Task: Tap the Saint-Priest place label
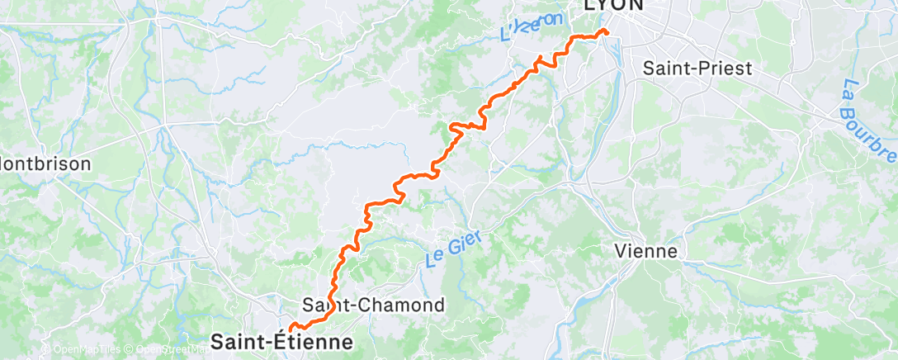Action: pyautogui.click(x=697, y=69)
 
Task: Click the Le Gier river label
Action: pyautogui.click(x=453, y=248)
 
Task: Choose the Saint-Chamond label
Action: pyautogui.click(x=374, y=305)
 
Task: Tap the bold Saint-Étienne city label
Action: pyautogui.click(x=282, y=341)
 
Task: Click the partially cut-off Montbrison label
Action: pyautogui.click(x=45, y=163)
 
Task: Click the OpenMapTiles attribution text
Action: pyautogui.click(x=83, y=349)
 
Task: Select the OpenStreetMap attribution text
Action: pyautogui.click(x=166, y=349)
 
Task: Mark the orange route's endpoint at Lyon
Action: pyautogui.click(x=607, y=31)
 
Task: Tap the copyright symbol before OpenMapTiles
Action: pyautogui.click(x=45, y=349)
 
